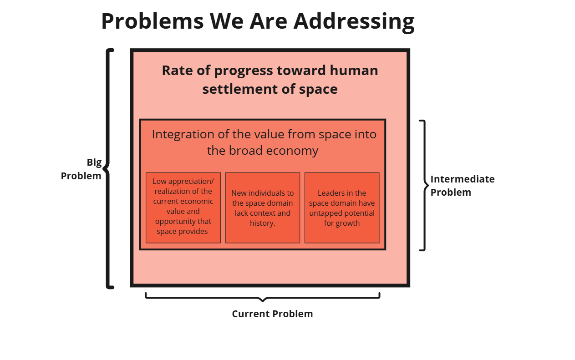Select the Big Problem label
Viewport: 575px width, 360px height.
tap(81, 169)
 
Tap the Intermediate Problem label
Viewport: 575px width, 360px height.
tap(462, 185)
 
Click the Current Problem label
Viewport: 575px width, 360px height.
tap(272, 314)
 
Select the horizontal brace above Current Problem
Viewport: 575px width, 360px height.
tap(262, 297)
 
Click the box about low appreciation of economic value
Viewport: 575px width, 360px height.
tap(183, 208)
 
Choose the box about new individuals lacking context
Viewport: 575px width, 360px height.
tap(262, 208)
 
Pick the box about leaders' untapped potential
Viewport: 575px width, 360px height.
tap(341, 208)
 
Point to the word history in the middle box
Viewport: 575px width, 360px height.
tap(262, 223)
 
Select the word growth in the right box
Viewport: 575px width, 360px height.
tap(348, 223)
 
